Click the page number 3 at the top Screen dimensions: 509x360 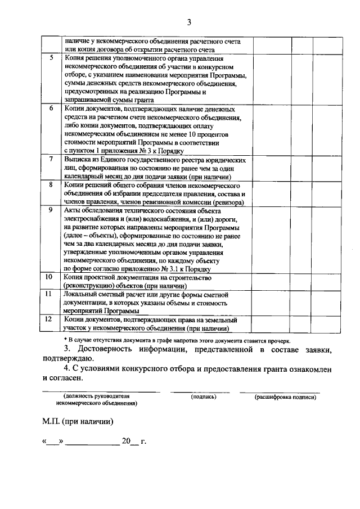coord(189,22)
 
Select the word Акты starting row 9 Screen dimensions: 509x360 coord(72,210)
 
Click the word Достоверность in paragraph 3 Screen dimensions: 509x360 coord(106,350)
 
